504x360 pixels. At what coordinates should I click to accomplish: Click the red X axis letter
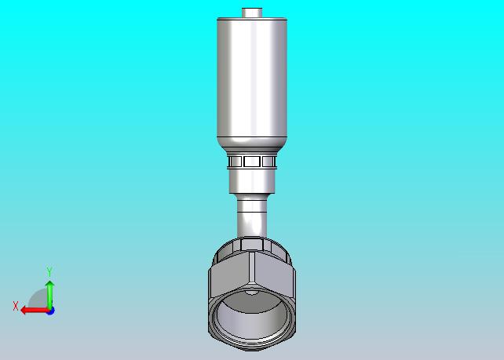[16, 306]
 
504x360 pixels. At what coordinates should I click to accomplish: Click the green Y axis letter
[49, 271]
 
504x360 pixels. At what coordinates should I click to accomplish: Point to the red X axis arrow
[35, 311]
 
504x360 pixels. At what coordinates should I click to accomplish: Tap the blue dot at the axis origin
[50, 311]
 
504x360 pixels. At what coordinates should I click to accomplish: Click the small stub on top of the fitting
[252, 13]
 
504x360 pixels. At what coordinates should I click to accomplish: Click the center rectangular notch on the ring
[252, 162]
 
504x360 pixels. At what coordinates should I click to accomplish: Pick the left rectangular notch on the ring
[236, 162]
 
